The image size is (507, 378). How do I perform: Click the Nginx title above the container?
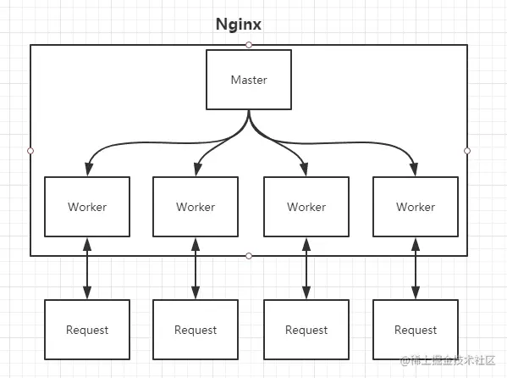[238, 25]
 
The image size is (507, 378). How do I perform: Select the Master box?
[249, 80]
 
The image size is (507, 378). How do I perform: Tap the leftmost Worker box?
[87, 207]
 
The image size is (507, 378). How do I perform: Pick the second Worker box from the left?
[196, 207]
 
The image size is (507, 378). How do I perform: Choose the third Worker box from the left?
[306, 207]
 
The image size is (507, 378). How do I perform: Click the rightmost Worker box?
[416, 207]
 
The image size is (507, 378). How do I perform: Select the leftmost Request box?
[87, 330]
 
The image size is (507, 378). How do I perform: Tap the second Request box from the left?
[196, 330]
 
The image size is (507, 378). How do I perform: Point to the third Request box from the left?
[306, 330]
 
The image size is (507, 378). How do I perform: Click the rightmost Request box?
[416, 330]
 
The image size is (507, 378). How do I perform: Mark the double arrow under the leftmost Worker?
[87, 268]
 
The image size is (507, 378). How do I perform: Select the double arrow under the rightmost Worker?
[416, 268]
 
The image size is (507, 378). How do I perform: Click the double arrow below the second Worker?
[196, 268]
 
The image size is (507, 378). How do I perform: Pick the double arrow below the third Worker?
[306, 268]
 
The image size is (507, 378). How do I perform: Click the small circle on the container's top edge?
[249, 44]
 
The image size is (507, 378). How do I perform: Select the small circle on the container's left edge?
[30, 150]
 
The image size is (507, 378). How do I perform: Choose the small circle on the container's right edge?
[467, 150]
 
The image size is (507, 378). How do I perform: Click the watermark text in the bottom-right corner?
[453, 362]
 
